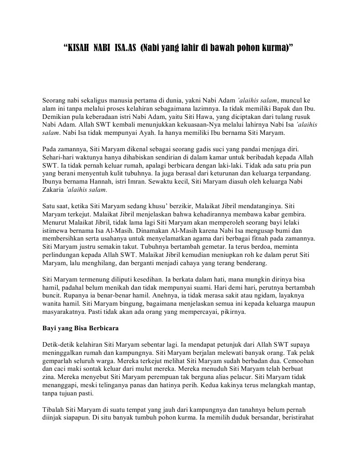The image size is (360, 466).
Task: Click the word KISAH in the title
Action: click(x=78, y=47)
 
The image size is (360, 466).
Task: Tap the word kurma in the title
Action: click(x=277, y=47)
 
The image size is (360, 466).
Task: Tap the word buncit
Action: click(x=51, y=296)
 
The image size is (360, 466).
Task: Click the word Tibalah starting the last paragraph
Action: click(x=55, y=411)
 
